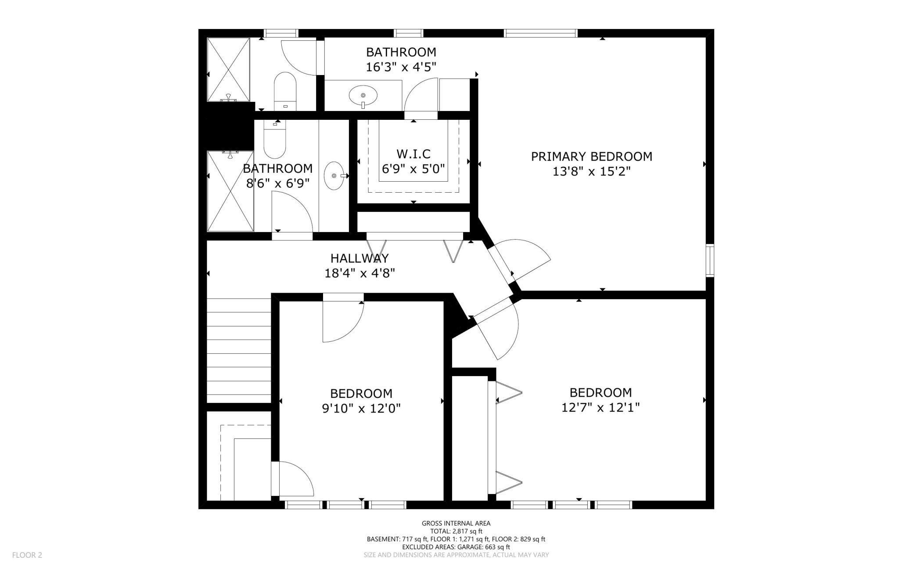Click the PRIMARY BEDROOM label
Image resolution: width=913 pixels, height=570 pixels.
[x=591, y=157]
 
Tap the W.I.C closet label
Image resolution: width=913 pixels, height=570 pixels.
[x=413, y=154]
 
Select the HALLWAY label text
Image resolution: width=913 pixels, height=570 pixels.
[x=359, y=258]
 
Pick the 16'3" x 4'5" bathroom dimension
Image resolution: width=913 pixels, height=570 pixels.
[x=401, y=67]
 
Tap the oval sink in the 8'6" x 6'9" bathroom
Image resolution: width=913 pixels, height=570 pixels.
[x=334, y=176]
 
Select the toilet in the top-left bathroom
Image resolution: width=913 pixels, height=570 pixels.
[x=285, y=91]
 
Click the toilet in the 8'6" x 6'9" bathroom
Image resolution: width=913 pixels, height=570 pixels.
[x=275, y=139]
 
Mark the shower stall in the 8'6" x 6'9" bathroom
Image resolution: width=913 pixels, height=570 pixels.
[x=230, y=191]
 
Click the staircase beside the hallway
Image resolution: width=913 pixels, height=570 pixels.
[x=239, y=351]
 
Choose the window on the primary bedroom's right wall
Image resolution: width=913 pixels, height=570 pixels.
[x=710, y=261]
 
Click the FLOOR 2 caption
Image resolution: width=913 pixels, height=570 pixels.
[x=27, y=555]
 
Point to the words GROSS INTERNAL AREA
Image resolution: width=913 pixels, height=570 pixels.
[x=456, y=523]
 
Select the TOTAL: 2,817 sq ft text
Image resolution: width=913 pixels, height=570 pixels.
[x=456, y=531]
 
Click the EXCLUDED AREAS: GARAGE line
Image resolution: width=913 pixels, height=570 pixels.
[x=456, y=547]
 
